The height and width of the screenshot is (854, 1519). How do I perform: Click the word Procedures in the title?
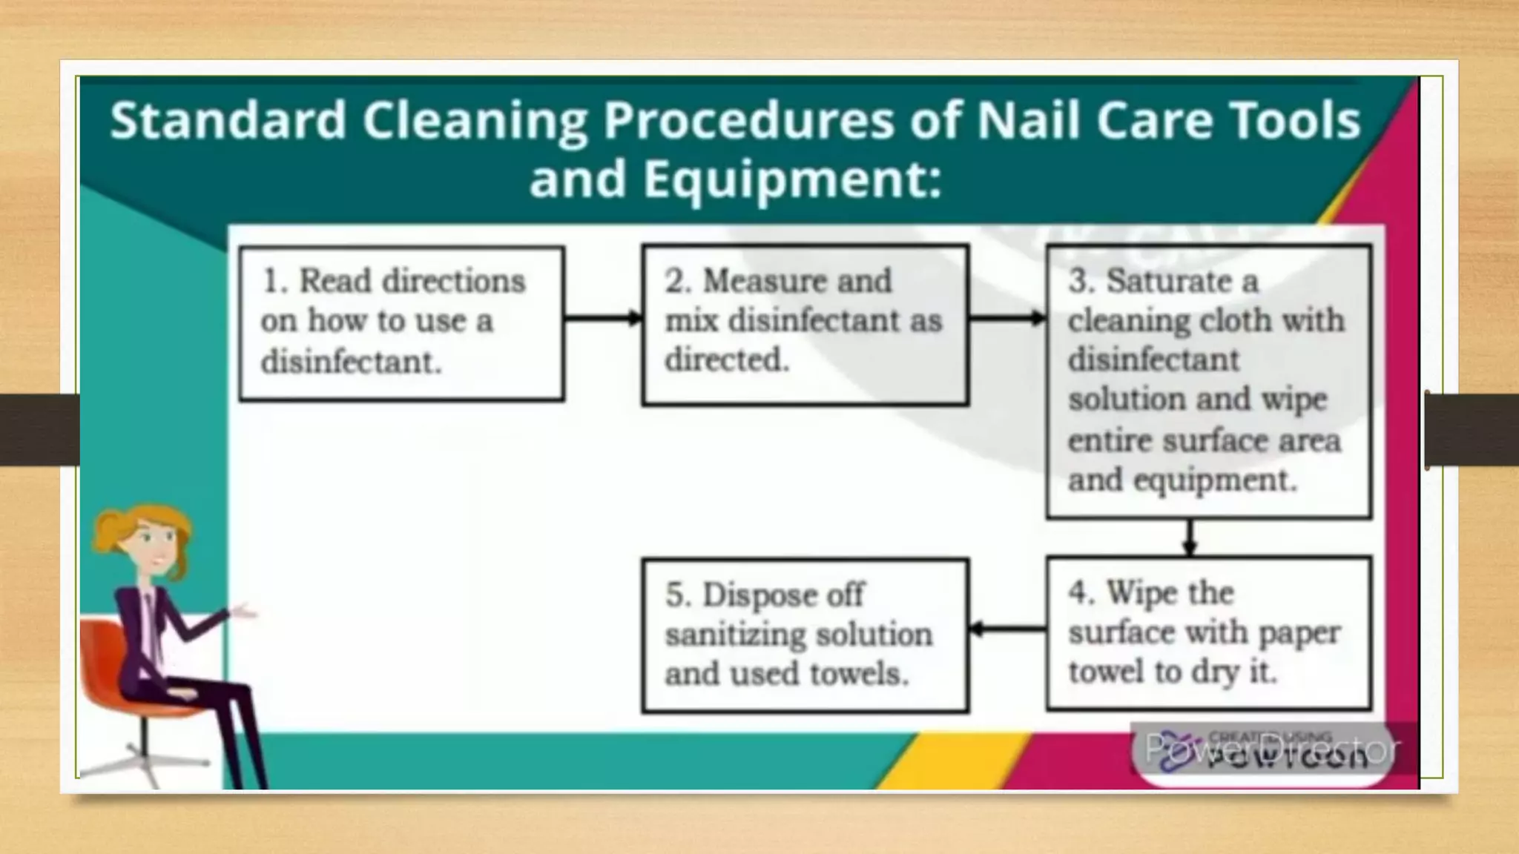pos(748,121)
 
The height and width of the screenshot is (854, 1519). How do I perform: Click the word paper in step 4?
pos(1299,634)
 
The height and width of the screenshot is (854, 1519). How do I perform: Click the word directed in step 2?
pos(725,360)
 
